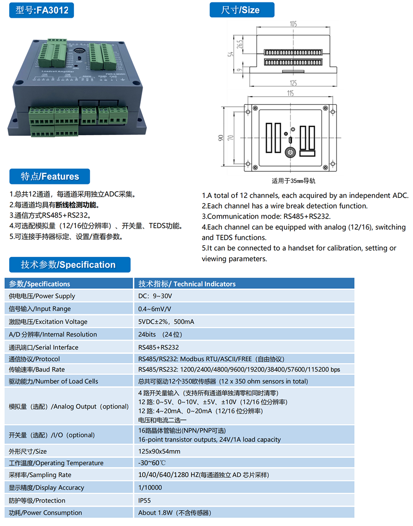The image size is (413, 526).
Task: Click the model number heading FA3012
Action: click(x=42, y=10)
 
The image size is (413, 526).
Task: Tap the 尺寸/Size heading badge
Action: click(x=241, y=10)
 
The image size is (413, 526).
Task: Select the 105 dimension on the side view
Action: click(x=293, y=24)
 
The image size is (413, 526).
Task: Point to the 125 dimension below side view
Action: click(x=293, y=83)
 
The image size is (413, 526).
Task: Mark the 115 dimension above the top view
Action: click(x=290, y=94)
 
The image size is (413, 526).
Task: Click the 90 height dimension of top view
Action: click(x=220, y=138)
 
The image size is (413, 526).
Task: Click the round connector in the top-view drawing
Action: click(x=290, y=152)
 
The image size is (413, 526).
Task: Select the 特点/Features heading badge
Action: click(x=49, y=176)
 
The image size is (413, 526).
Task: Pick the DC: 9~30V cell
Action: click(x=155, y=296)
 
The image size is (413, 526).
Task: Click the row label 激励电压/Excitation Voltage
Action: click(x=49, y=322)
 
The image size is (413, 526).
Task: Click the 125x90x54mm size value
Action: click(x=159, y=451)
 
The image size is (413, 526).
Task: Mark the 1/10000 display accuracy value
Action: click(x=150, y=488)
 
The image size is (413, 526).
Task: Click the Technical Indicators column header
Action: click(x=187, y=283)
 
